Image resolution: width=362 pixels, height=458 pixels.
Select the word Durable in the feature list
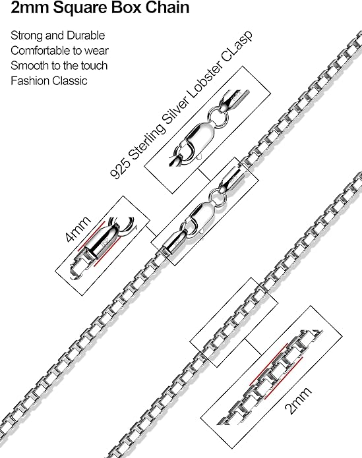(86, 36)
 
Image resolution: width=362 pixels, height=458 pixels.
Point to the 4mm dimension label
(77, 229)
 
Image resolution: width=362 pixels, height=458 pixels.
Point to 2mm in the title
(30, 7)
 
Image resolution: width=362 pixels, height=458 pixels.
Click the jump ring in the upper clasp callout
(218, 117)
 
